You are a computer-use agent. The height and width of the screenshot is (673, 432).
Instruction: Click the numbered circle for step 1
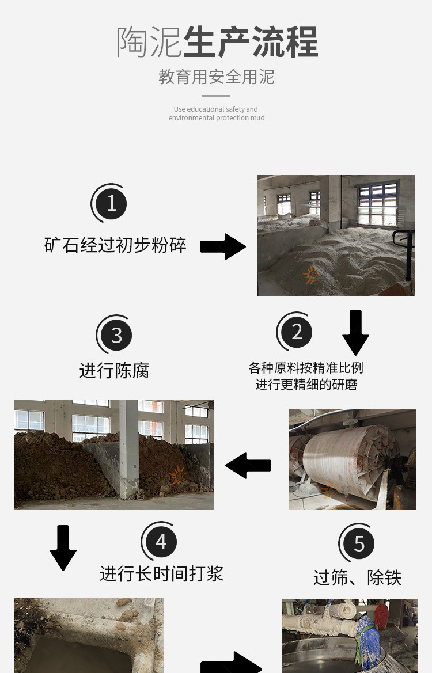111,203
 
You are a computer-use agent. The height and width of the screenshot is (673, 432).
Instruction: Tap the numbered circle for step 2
297,332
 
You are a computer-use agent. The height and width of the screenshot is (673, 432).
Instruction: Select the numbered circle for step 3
116,335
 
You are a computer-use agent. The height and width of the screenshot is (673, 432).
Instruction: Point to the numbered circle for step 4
161,542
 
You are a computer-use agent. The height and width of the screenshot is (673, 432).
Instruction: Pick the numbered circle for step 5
359,543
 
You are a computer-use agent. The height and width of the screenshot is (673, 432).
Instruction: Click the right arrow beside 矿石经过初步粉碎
222,246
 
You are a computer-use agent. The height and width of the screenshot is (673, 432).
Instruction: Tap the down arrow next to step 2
355,332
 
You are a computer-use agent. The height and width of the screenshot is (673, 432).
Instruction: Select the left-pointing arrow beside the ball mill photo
248,465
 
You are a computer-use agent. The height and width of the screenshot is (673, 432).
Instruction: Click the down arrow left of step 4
63,547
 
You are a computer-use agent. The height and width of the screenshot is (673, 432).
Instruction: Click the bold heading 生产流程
251,42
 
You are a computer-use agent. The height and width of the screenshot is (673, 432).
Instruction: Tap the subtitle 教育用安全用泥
217,77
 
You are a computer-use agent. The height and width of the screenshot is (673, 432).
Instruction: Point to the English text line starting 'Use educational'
216,109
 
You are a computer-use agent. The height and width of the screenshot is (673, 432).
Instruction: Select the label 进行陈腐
114,370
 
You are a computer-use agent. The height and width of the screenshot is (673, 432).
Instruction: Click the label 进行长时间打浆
161,573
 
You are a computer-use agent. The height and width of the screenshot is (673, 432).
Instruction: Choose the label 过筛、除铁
357,577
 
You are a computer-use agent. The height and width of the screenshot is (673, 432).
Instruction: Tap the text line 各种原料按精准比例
306,367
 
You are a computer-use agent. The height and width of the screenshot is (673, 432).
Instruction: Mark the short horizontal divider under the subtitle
217,96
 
